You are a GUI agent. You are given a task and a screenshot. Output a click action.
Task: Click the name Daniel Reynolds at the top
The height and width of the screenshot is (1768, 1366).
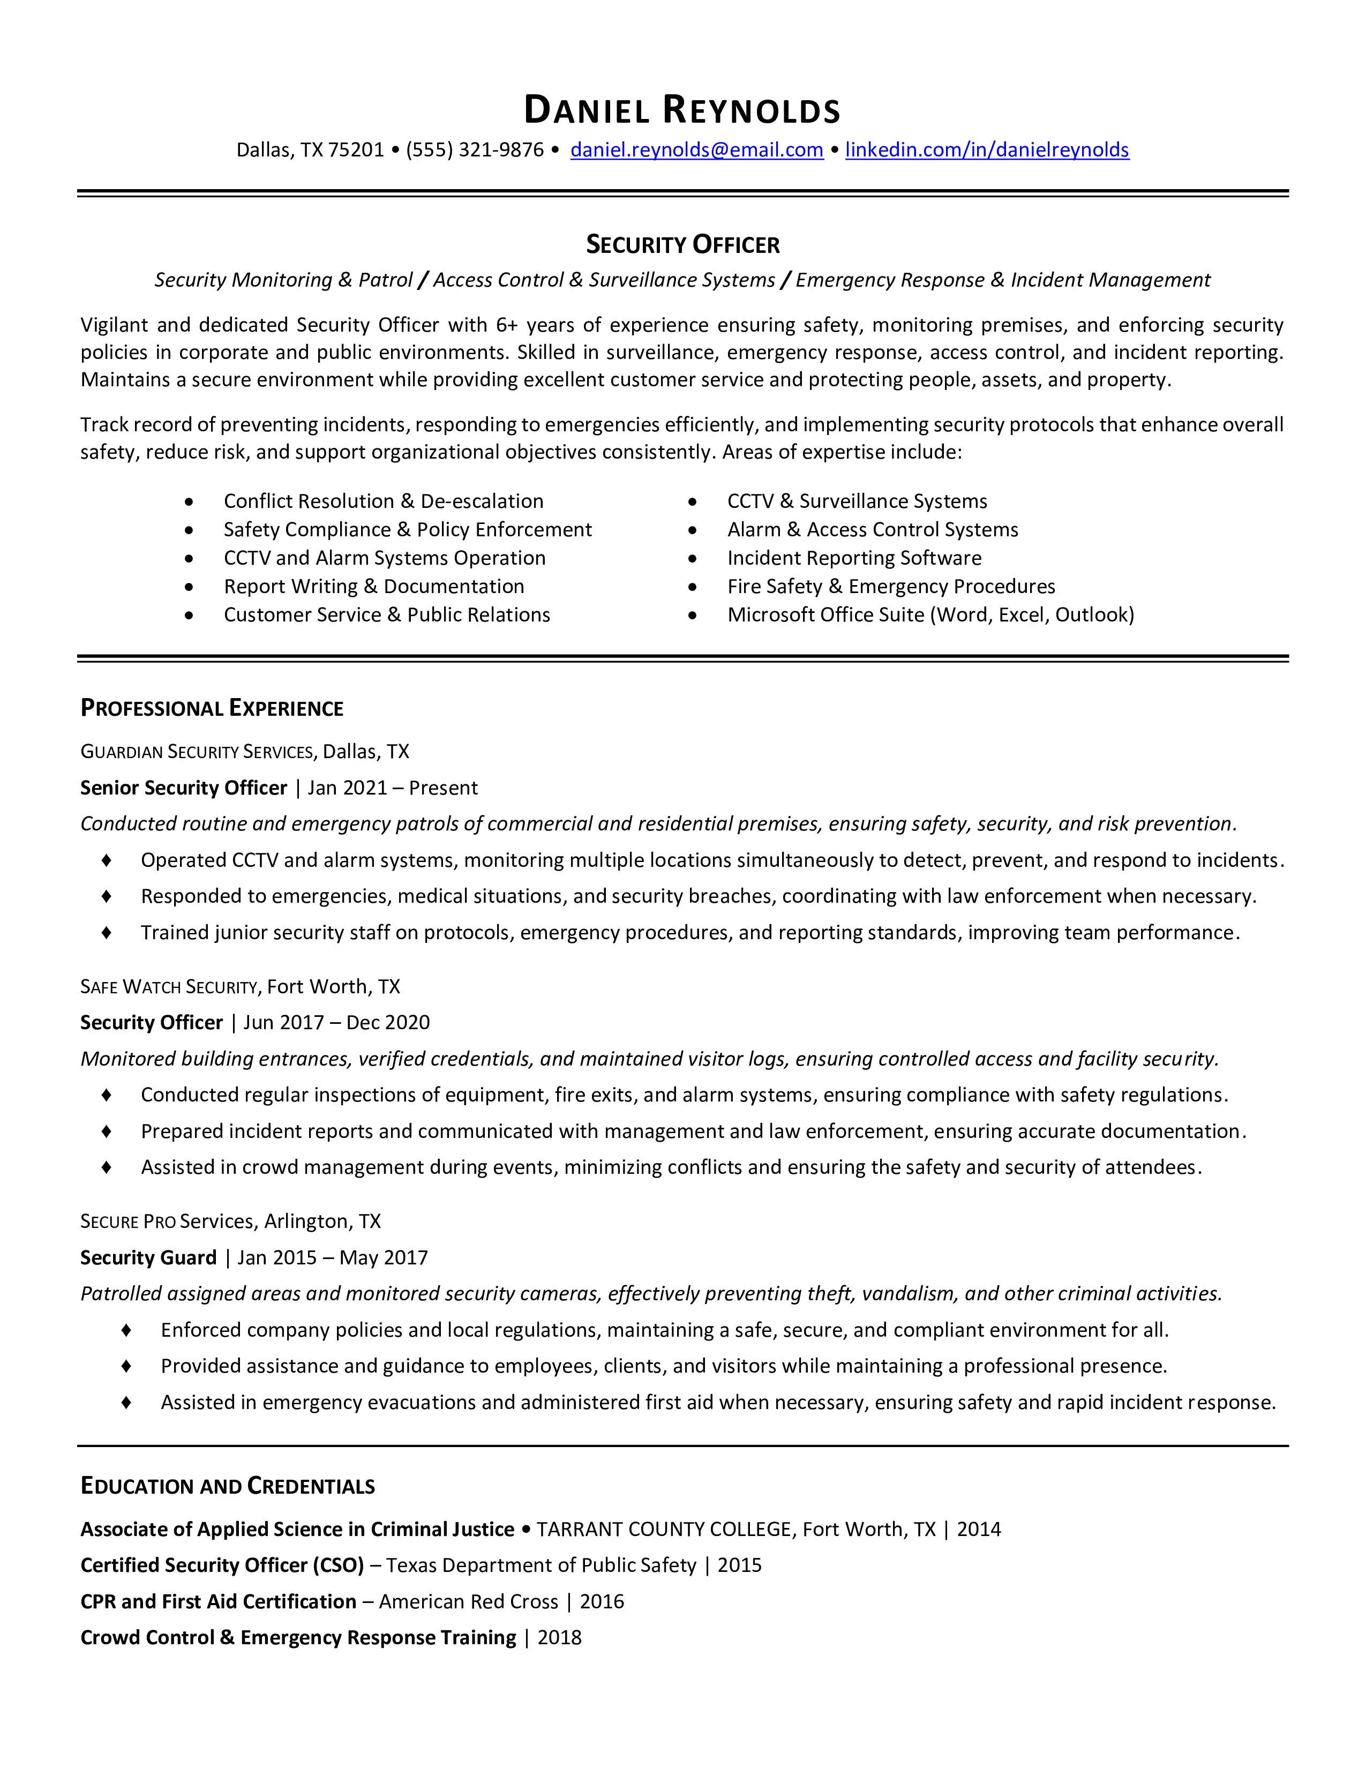point(682,110)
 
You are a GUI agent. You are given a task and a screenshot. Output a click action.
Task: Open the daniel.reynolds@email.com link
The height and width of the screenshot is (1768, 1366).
point(697,150)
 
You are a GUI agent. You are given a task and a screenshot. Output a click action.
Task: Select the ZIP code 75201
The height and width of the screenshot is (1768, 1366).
point(356,150)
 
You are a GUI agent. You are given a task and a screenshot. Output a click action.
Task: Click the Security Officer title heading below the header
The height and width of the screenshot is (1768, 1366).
point(682,244)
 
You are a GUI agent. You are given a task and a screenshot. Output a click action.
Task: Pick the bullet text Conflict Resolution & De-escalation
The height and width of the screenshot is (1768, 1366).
point(384,501)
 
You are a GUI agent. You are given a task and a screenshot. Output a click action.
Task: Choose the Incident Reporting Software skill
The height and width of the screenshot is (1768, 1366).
point(854,558)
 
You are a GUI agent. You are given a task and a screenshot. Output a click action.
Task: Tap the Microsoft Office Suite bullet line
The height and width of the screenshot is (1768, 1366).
point(930,615)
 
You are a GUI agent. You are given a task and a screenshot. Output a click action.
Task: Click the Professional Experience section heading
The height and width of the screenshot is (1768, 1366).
point(212,708)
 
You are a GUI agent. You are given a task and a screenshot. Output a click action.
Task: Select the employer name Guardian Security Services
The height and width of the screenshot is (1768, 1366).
point(197,752)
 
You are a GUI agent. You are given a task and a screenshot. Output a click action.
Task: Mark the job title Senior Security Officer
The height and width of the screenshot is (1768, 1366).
point(184,788)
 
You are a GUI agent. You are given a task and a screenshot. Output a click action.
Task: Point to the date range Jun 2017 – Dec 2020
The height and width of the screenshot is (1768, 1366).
point(336,1022)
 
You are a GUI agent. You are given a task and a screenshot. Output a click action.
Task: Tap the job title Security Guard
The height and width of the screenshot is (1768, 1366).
point(148,1257)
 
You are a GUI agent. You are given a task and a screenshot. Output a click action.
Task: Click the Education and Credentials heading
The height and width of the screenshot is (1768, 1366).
point(227,1486)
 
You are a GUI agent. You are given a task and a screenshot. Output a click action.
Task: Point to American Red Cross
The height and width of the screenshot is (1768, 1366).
point(469,1601)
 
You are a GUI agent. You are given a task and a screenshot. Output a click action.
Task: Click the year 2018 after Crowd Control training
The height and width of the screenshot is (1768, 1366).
point(559,1638)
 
